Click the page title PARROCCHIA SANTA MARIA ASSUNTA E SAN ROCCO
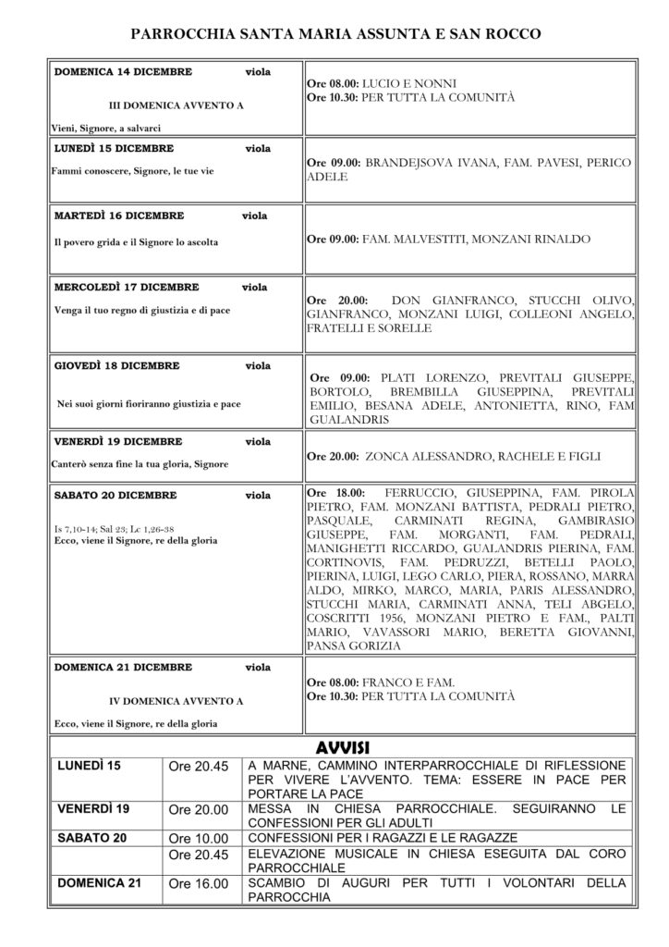pos(334,33)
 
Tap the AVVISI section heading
pos(343,746)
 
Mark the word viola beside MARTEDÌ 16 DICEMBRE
pos(255,215)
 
